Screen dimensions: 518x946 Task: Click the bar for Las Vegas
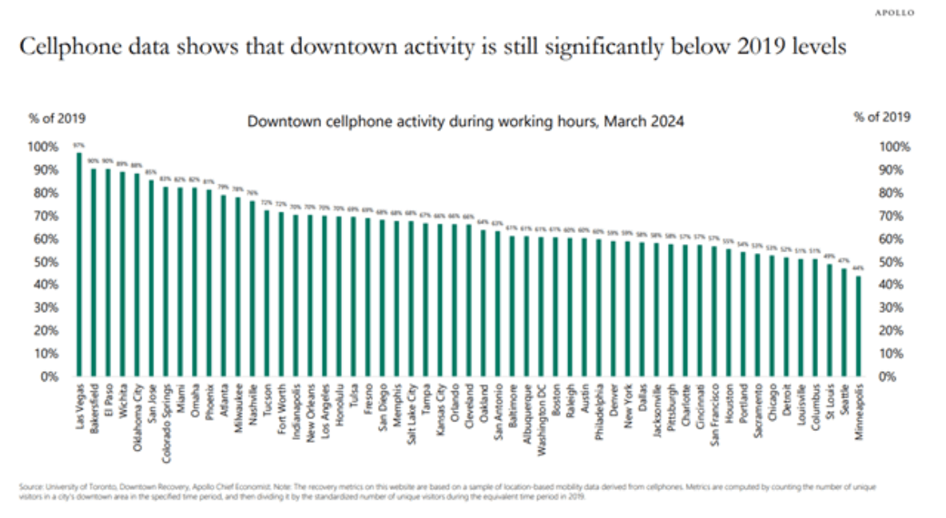pos(79,264)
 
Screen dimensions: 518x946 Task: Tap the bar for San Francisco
pos(713,311)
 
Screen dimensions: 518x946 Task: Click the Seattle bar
pos(844,322)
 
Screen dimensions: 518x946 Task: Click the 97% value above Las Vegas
pos(78,145)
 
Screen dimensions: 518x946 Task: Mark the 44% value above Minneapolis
pos(858,268)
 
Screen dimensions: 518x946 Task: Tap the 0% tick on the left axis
pos(50,377)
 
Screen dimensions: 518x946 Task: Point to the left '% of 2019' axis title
pos(57,118)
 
